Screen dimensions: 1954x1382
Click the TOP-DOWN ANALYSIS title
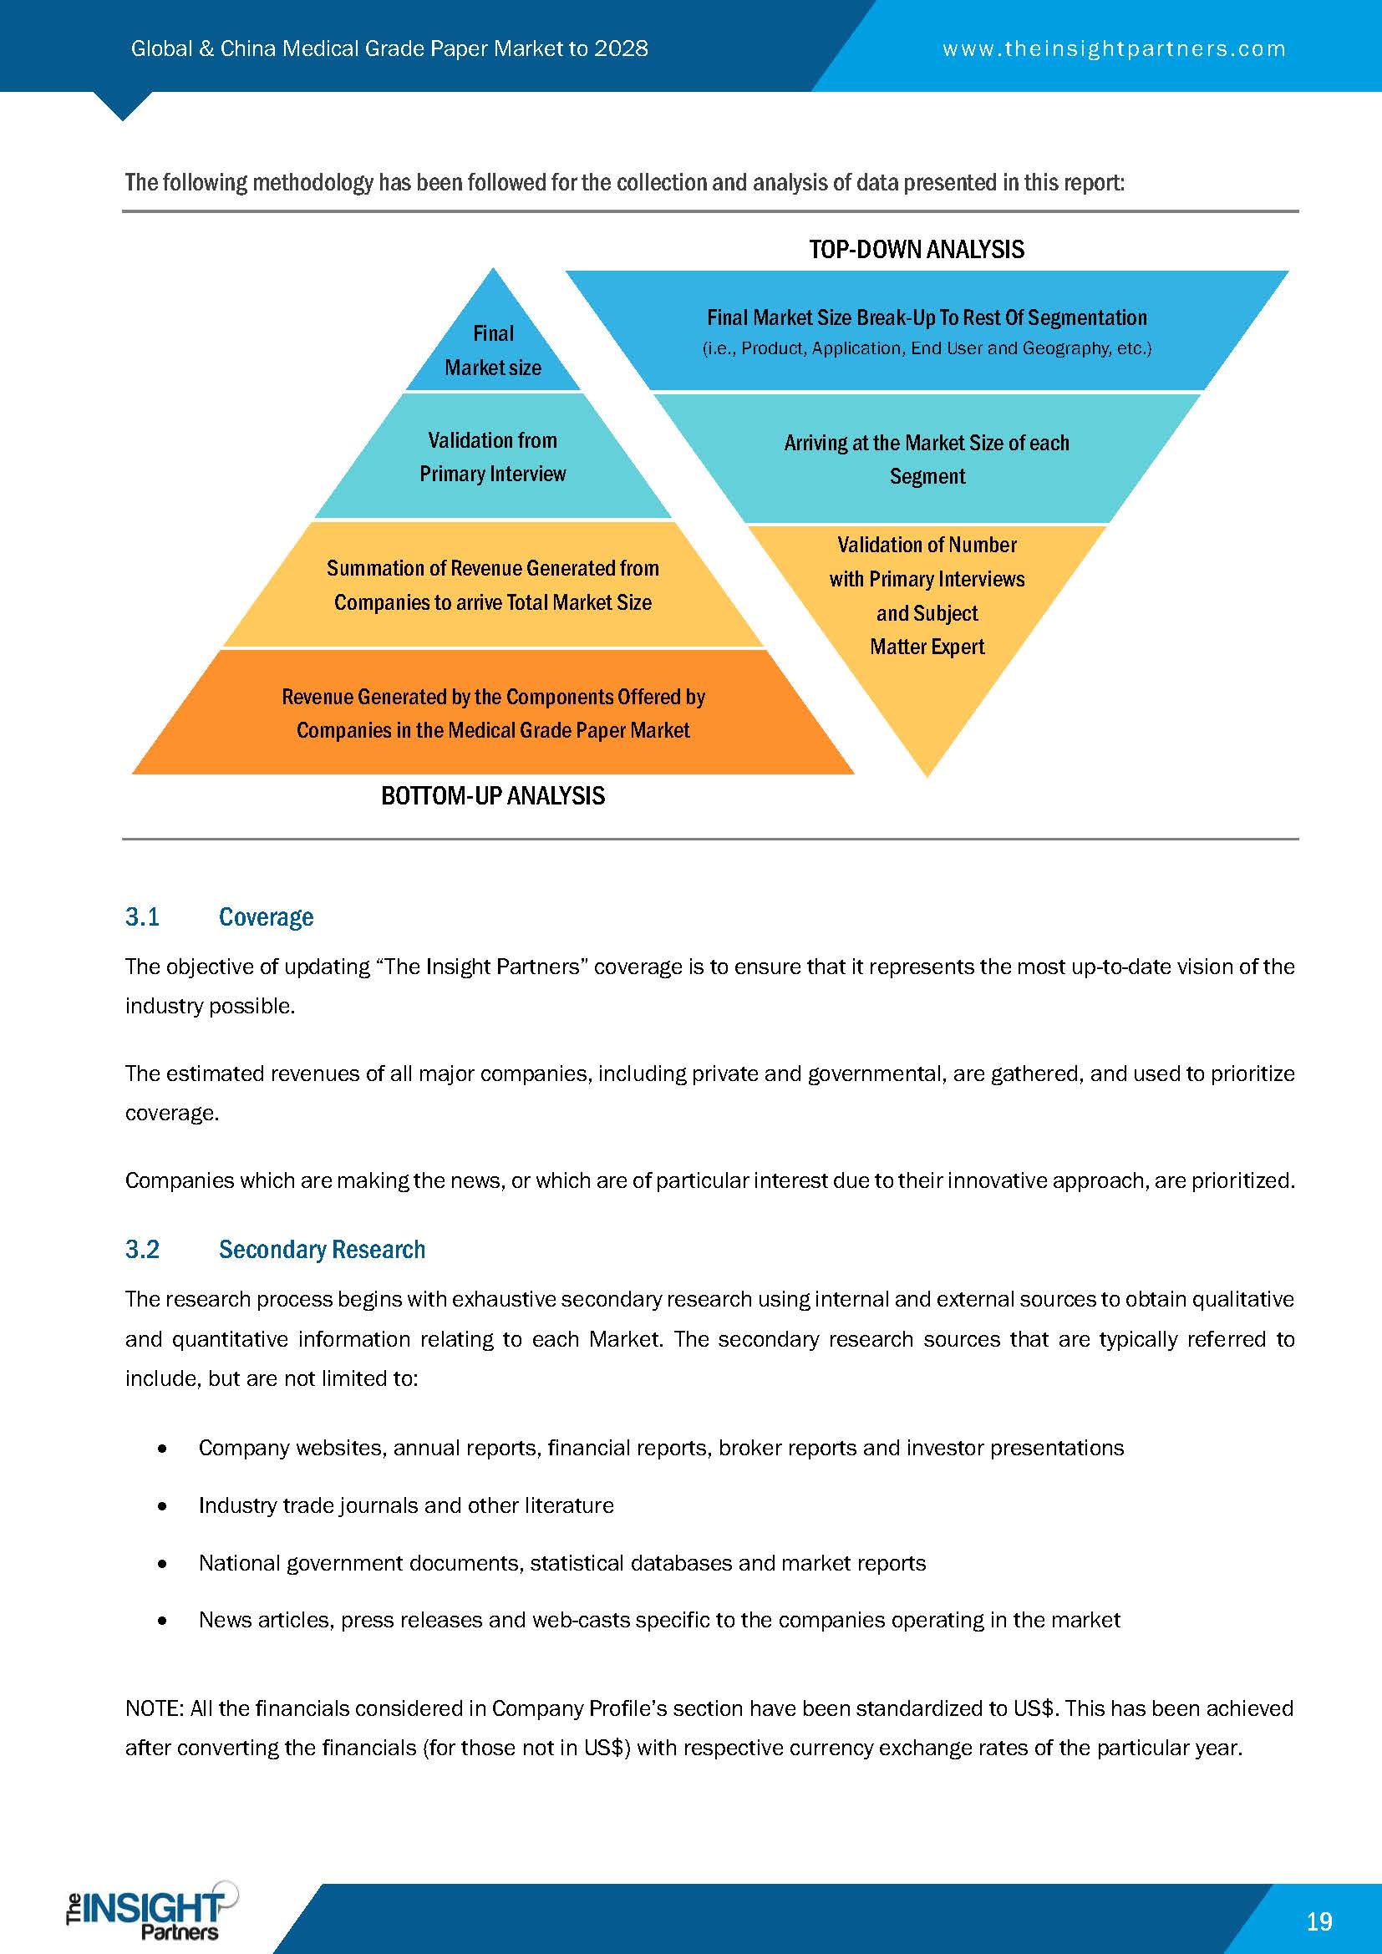coord(917,249)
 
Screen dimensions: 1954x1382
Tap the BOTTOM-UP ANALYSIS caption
coord(493,796)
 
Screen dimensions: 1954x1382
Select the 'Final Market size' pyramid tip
coord(493,350)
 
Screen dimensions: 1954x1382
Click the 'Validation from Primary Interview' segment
coord(493,457)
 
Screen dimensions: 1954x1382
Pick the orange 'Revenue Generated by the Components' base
coord(493,713)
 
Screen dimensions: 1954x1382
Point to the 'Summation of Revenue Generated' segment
coord(493,586)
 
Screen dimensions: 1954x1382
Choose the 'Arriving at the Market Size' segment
coord(927,459)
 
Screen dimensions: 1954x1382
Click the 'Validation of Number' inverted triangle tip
coord(927,612)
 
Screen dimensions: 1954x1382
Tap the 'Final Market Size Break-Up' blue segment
coord(927,331)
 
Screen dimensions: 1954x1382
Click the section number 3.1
coord(142,916)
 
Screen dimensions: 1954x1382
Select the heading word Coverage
coord(266,916)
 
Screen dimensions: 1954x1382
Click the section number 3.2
coord(142,1249)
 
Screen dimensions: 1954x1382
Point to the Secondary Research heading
coord(322,1249)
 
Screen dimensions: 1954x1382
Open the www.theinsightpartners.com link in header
coord(1114,48)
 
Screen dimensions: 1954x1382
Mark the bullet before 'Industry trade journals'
coord(162,1506)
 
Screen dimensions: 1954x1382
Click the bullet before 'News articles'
coord(162,1621)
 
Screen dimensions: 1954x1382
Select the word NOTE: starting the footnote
coord(154,1709)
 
